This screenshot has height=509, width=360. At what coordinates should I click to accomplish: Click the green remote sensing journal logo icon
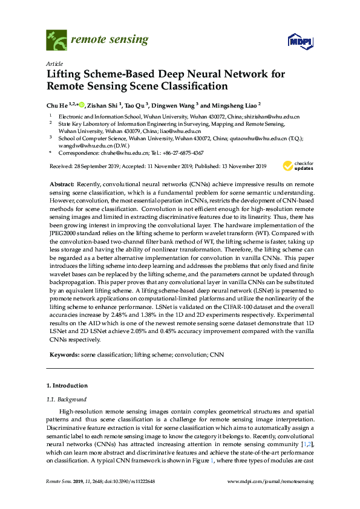57,40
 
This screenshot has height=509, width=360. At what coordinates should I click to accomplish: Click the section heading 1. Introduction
67,386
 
